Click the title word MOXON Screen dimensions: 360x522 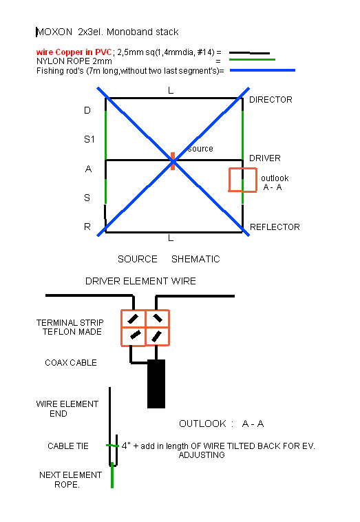54,32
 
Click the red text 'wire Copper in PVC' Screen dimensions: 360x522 74,52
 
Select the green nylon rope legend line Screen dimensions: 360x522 252,60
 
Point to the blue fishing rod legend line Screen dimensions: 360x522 262,70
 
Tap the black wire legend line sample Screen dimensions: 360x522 250,52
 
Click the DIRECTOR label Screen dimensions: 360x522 271,100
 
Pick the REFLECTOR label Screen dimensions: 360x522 275,227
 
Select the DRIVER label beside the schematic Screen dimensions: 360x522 265,158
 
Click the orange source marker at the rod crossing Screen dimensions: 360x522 173,161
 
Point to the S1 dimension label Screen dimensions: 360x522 89,139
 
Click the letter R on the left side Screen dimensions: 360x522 87,227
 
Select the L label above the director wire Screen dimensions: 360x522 171,90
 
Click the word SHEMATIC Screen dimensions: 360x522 195,259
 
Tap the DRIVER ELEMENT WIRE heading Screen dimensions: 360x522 140,281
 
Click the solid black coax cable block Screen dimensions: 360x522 156,384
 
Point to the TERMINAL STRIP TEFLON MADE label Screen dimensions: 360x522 70,327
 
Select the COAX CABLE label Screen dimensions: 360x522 71,362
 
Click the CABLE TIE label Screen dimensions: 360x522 68,446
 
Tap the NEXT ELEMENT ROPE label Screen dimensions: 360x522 70,480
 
